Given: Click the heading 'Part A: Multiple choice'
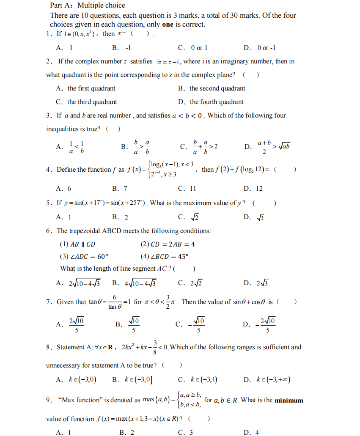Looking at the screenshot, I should (x=88, y=5).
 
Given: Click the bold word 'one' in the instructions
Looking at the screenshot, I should (x=168, y=24).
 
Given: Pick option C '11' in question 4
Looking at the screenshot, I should (x=192, y=189).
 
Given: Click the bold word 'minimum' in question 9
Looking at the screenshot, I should (x=289, y=400).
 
